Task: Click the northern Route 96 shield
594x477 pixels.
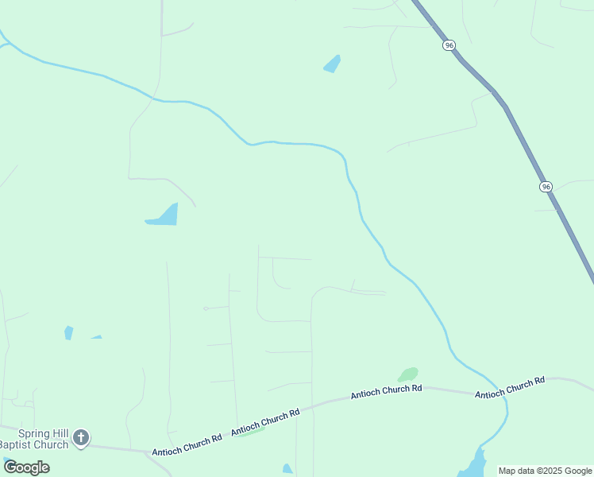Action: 449,45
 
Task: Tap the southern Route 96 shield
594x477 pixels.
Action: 545,186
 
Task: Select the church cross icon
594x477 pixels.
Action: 81,437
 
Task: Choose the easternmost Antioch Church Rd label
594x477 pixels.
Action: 509,387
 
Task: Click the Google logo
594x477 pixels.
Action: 26,467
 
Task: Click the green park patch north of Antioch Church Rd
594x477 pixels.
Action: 408,374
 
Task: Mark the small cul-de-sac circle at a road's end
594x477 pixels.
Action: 205,308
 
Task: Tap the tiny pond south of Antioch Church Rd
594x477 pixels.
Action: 287,469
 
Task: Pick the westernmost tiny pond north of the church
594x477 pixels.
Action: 69,332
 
